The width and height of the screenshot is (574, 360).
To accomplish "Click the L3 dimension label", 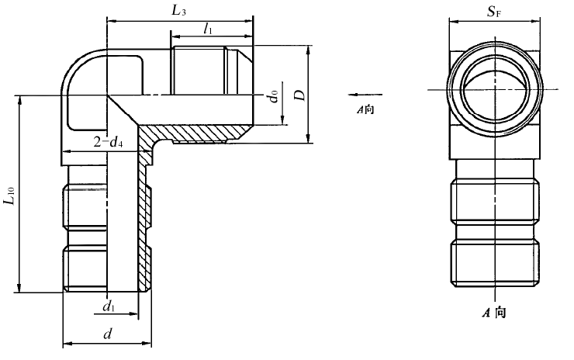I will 179,10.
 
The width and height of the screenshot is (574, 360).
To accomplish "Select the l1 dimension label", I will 207,28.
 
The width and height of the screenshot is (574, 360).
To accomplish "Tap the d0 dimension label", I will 272,98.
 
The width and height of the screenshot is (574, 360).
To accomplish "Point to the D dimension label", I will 298,94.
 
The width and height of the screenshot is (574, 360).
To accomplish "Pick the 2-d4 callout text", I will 109,142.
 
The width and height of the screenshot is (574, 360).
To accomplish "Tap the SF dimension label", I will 493,12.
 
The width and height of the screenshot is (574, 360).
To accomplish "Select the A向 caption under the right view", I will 493,313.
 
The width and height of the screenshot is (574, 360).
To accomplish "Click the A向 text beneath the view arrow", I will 365,110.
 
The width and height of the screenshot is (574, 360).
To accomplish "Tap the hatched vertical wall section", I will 143,225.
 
